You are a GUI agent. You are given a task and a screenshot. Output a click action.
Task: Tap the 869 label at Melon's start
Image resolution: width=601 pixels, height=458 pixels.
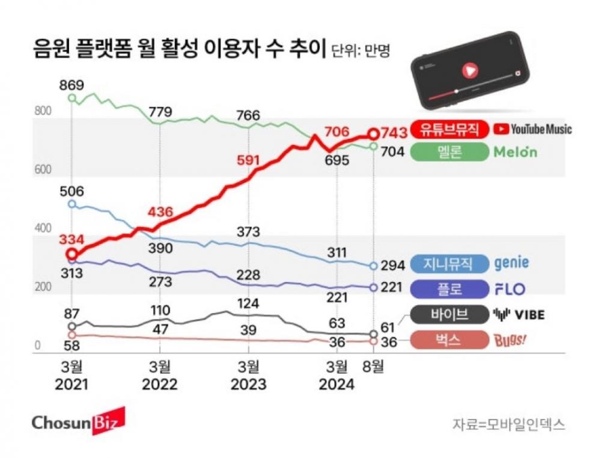[x=72, y=85]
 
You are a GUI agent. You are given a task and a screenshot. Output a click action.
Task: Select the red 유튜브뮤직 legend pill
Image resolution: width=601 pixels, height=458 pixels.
[x=448, y=129]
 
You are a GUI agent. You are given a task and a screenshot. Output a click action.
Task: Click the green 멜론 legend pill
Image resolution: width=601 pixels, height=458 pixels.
[x=448, y=152]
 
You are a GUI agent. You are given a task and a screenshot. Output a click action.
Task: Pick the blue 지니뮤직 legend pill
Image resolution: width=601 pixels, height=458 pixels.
[x=448, y=264]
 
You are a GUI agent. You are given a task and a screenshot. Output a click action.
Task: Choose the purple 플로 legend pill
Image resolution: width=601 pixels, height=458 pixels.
[x=448, y=289]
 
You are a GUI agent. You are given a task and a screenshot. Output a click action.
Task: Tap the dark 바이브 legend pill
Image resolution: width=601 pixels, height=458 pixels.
[x=448, y=314]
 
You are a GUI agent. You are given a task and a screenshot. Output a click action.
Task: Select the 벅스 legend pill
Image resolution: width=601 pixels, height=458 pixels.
[x=448, y=340]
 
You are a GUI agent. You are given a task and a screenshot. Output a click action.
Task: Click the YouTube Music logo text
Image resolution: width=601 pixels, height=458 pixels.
[x=532, y=129]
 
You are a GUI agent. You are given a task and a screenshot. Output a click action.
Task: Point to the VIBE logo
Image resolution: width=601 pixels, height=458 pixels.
[x=519, y=314]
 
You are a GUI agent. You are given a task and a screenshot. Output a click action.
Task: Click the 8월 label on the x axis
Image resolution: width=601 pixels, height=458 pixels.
[x=373, y=366]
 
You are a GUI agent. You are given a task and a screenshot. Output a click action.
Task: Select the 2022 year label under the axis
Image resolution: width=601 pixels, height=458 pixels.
[x=160, y=385]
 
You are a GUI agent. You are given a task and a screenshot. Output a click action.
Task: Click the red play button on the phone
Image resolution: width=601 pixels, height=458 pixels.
[x=469, y=70]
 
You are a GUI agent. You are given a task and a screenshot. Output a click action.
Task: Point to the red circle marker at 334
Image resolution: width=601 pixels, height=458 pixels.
[x=72, y=255]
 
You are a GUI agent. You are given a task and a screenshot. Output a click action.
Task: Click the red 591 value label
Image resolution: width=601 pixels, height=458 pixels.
[x=248, y=160]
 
